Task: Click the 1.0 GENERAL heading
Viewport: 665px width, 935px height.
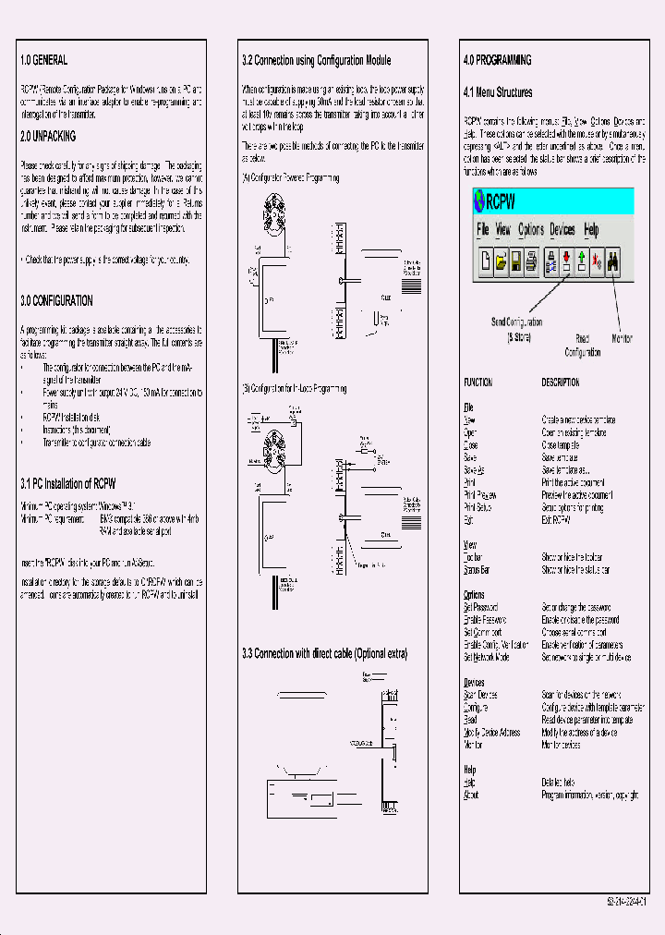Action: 43,60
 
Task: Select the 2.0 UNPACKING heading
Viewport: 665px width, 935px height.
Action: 49,136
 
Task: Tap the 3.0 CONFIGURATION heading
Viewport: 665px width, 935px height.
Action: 56,301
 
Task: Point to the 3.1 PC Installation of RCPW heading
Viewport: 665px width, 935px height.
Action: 68,483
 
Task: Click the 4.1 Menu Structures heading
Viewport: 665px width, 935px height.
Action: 497,92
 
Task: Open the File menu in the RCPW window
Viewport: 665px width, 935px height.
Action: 482,230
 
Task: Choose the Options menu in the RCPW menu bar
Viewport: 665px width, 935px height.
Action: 530,230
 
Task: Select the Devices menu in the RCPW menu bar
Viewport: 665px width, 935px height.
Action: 562,230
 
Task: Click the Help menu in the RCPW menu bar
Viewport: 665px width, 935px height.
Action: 591,230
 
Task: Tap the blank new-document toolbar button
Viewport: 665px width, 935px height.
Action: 486,262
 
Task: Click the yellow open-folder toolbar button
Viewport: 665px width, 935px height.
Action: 501,262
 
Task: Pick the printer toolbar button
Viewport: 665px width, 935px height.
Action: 531,262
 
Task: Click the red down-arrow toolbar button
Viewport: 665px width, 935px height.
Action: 565,262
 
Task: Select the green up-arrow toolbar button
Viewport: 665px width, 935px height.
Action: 581,262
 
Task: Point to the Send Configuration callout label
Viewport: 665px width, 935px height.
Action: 516,322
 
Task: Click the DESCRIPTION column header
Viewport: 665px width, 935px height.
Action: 560,382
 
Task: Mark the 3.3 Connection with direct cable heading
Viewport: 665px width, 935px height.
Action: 324,653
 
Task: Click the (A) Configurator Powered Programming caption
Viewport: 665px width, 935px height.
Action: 290,177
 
